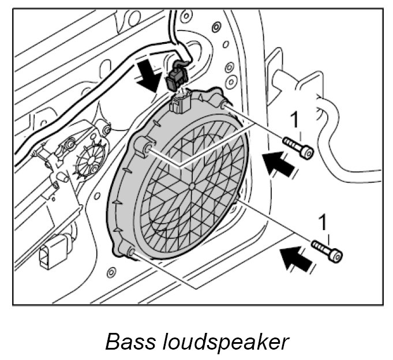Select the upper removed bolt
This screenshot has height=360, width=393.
[297, 147]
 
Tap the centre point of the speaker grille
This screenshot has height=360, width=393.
[191, 185]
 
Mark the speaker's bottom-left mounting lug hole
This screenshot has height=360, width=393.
[130, 251]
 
